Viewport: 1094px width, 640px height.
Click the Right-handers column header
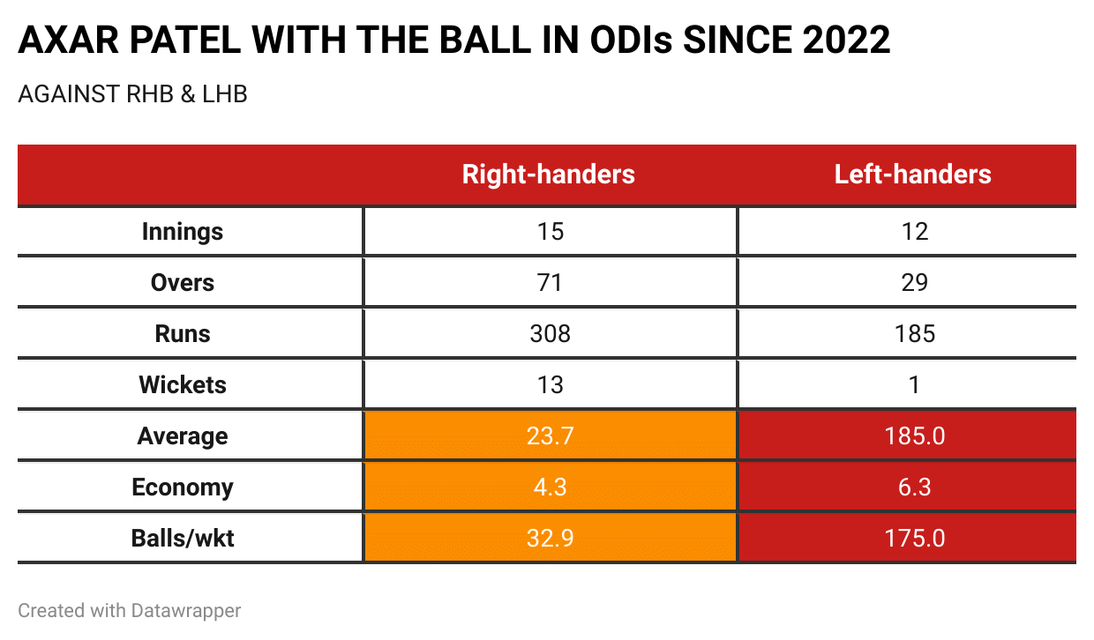point(548,175)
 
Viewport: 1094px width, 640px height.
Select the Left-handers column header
point(913,175)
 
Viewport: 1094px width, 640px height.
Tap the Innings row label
point(183,232)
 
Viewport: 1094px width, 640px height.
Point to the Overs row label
point(183,283)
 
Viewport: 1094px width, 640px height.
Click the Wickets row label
point(183,385)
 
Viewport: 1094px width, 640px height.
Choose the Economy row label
point(183,487)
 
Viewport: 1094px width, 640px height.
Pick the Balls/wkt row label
point(183,538)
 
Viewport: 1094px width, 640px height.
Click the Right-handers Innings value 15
point(549,232)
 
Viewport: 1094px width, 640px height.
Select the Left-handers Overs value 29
point(914,283)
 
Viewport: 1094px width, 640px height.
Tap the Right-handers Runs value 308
point(549,334)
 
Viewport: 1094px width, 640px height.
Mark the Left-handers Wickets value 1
point(914,385)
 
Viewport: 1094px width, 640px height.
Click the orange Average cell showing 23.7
point(549,436)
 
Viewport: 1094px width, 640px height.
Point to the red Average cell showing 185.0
point(914,436)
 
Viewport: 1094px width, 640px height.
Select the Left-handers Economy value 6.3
point(914,487)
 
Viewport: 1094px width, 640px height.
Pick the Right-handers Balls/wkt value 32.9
point(549,538)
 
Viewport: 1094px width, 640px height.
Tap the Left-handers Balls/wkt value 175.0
point(914,538)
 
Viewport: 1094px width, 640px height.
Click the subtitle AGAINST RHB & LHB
point(132,94)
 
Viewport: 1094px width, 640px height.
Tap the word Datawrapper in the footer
point(187,610)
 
